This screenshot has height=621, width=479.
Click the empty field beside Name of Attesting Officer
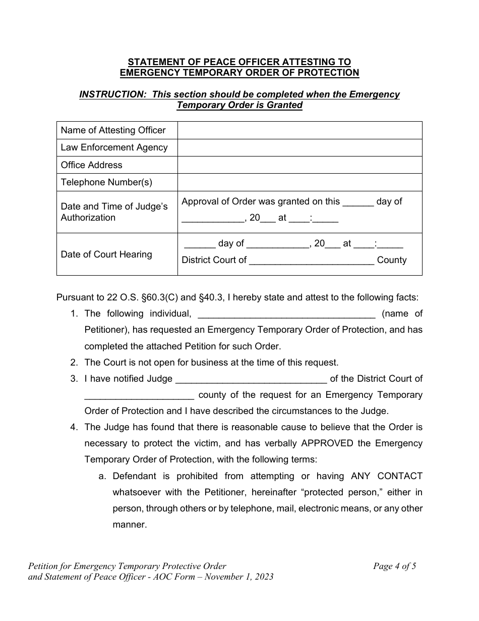coord(300,130)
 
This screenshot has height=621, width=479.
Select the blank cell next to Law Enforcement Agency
coord(300,147)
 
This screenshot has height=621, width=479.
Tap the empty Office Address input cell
coord(300,165)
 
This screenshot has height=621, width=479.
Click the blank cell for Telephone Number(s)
coord(300,182)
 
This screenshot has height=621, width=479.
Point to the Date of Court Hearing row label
coord(106,254)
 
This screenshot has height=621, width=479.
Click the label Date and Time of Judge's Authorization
coord(114,212)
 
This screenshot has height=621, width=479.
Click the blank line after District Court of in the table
coord(312,261)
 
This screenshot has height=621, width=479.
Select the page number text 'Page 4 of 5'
coord(394,566)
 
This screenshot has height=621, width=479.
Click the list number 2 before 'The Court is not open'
coord(74,363)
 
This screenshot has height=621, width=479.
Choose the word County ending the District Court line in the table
coord(392,260)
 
